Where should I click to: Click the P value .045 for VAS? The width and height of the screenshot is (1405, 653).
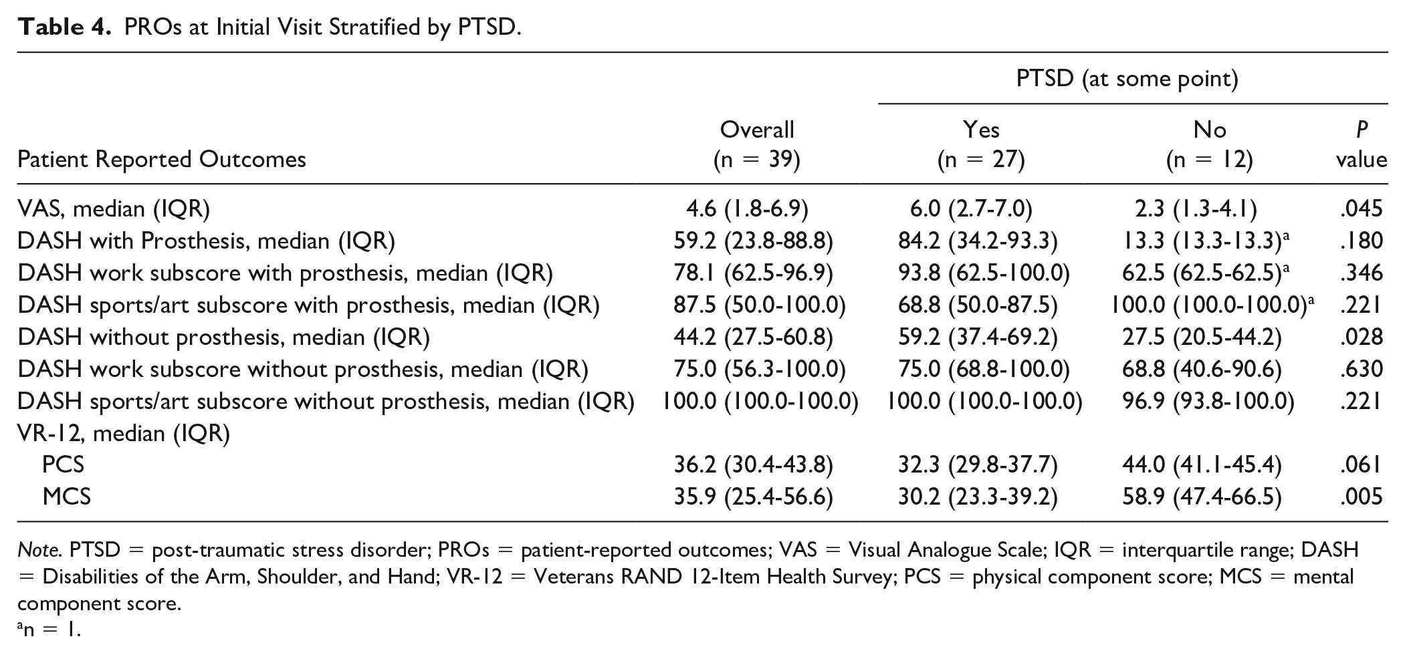click(x=1361, y=209)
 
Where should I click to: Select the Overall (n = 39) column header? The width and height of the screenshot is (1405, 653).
click(x=757, y=144)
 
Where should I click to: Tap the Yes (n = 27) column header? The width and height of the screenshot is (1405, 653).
click(x=981, y=144)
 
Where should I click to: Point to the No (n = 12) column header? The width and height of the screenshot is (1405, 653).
click(x=1210, y=144)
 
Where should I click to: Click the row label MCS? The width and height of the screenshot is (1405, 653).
click(x=67, y=497)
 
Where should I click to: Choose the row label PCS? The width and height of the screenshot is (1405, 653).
click(x=64, y=465)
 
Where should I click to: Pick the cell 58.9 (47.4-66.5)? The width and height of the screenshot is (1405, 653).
click(x=1202, y=497)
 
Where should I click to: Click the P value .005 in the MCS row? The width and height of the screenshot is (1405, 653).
click(x=1361, y=497)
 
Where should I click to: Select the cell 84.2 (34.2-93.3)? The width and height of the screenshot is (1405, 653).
click(x=978, y=241)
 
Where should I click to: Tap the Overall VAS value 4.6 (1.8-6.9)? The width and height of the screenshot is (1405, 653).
click(x=747, y=209)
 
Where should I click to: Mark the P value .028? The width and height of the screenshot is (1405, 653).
click(x=1361, y=337)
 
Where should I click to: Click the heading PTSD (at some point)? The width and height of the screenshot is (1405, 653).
click(x=1127, y=79)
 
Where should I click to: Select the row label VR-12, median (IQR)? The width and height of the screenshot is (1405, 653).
click(x=124, y=433)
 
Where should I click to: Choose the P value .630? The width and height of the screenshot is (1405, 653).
click(x=1361, y=369)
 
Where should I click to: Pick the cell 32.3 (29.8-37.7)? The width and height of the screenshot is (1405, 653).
click(x=978, y=465)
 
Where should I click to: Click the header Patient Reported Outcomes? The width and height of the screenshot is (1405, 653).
click(x=162, y=159)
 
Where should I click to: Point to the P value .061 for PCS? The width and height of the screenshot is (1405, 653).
click(x=1361, y=465)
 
